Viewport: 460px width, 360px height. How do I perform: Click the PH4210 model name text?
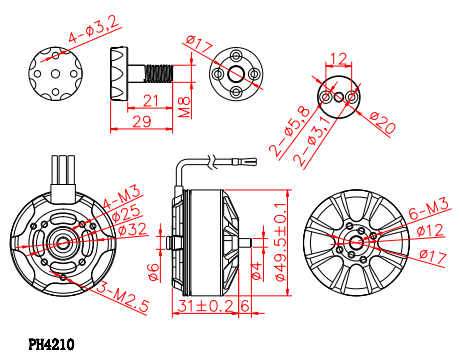pyautogui.click(x=51, y=345)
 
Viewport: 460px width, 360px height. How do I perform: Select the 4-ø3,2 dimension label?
pyautogui.click(x=94, y=29)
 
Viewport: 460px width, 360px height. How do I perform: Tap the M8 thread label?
pyautogui.click(x=184, y=107)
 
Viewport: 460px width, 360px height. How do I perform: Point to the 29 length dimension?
pyautogui.click(x=142, y=122)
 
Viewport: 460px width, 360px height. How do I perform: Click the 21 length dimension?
pyautogui.click(x=151, y=100)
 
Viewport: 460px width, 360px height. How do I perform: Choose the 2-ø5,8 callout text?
pyautogui.click(x=290, y=131)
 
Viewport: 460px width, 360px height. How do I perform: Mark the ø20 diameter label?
pyautogui.click(x=383, y=123)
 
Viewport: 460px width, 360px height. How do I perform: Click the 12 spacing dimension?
pyautogui.click(x=339, y=59)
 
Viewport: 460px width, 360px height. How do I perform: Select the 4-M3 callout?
pyautogui.click(x=122, y=197)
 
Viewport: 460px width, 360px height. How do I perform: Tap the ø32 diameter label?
pyautogui.click(x=133, y=230)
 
